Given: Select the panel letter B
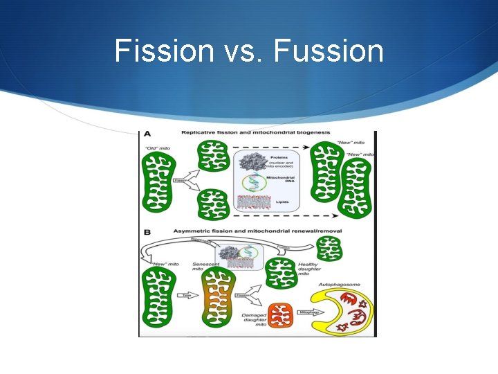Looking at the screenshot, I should click(x=146, y=233).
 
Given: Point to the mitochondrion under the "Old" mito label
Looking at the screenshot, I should click(x=158, y=182).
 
